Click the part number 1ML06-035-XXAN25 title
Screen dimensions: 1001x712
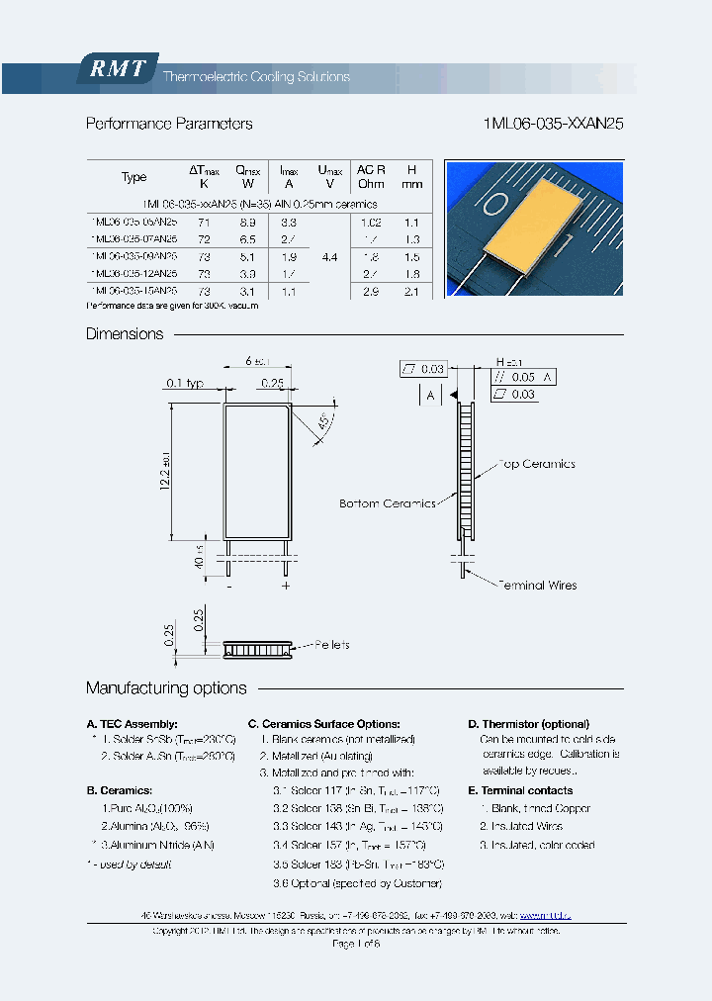click(x=553, y=124)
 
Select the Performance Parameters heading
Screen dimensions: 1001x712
click(x=169, y=124)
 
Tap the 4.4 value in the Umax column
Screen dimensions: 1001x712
click(x=329, y=256)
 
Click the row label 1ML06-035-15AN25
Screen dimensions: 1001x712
click(x=133, y=291)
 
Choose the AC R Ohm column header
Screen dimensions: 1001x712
click(x=371, y=176)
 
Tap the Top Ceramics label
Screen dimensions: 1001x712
click(x=536, y=464)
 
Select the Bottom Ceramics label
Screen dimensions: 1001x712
click(x=387, y=503)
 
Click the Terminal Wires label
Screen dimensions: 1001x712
click(x=536, y=585)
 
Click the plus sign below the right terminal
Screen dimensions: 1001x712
click(x=286, y=586)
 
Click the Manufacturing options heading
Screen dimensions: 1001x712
click(x=166, y=688)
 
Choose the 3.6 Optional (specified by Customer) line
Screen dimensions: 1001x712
click(x=357, y=882)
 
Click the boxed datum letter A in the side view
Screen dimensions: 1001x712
click(x=429, y=395)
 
